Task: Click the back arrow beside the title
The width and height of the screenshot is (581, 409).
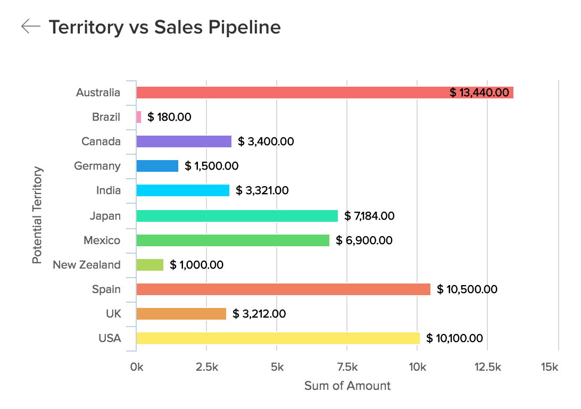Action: click(x=31, y=27)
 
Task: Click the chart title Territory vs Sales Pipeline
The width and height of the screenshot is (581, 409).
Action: click(x=164, y=27)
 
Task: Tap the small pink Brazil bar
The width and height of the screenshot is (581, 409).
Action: click(x=139, y=117)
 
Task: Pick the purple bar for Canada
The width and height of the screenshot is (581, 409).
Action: click(x=184, y=141)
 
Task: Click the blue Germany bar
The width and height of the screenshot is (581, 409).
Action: click(x=157, y=166)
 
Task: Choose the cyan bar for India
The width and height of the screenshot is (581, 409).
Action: click(x=182, y=190)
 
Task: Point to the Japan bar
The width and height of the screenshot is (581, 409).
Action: click(x=237, y=216)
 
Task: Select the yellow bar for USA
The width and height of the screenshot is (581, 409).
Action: click(x=278, y=338)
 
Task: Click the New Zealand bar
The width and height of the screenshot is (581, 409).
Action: click(x=150, y=265)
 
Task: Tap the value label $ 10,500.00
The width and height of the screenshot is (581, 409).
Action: click(x=467, y=289)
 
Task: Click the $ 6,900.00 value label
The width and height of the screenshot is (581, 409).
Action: click(x=364, y=240)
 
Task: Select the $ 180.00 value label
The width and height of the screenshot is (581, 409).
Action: click(x=169, y=117)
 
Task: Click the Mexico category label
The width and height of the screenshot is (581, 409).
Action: click(x=102, y=240)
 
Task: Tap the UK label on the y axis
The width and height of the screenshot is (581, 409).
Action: click(x=113, y=314)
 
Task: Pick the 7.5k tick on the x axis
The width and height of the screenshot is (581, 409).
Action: click(x=346, y=367)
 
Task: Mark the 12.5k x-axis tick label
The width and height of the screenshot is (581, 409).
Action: click(x=487, y=367)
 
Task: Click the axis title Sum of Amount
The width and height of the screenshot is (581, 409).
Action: click(x=347, y=386)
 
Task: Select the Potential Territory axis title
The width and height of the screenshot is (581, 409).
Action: click(x=37, y=215)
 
